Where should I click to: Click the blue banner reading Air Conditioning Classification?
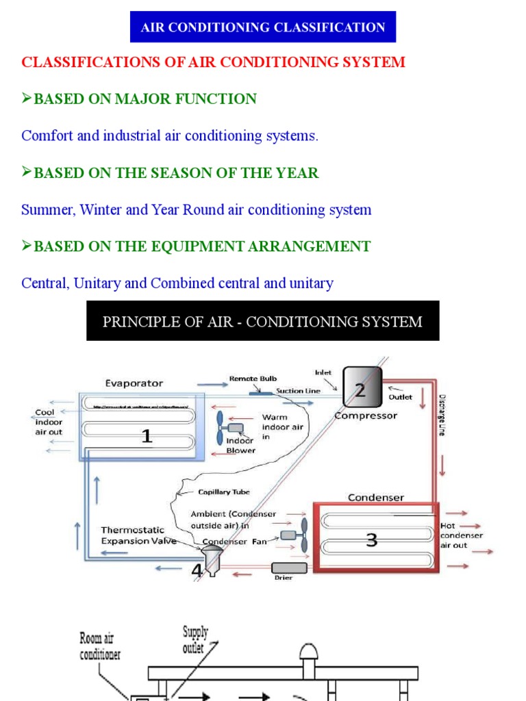point(263,27)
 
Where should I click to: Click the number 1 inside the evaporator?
point(147,435)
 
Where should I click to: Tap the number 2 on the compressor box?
point(360,390)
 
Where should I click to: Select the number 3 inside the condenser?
point(371,540)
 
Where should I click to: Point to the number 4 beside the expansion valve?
point(197,570)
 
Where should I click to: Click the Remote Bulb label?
point(253,378)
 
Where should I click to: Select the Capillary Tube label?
point(224,492)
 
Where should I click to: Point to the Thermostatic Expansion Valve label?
point(138,535)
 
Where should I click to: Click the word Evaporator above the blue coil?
point(134,383)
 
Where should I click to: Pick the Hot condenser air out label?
point(462,535)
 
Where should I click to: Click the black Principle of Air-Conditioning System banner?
point(262,321)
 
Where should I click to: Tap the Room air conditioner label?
point(99,647)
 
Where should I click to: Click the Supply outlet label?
point(195,639)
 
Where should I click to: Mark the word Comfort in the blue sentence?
point(47,136)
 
